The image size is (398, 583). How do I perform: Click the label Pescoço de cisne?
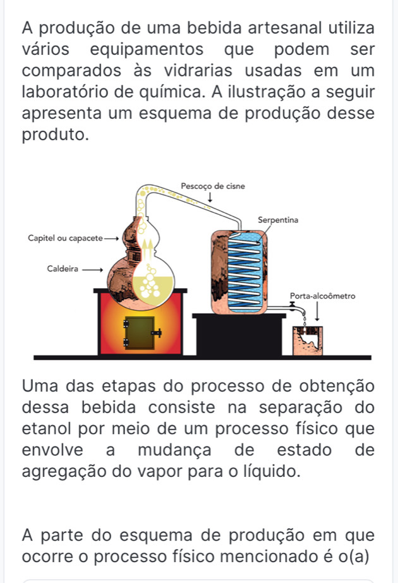tap(213, 186)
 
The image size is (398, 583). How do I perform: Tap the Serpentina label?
tap(278, 220)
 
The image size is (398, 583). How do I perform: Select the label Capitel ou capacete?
tap(65, 238)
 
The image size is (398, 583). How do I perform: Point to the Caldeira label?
tap(63, 269)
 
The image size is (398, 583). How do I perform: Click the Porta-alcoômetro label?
tap(322, 296)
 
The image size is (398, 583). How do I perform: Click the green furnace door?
tap(140, 333)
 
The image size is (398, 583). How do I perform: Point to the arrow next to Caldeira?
tap(92, 270)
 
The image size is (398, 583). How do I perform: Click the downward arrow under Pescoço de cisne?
tap(210, 198)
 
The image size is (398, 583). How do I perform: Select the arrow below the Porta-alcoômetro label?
tap(317, 311)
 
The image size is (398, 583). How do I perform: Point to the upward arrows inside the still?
tap(148, 251)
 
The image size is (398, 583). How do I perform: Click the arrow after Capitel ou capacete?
tap(111, 239)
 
